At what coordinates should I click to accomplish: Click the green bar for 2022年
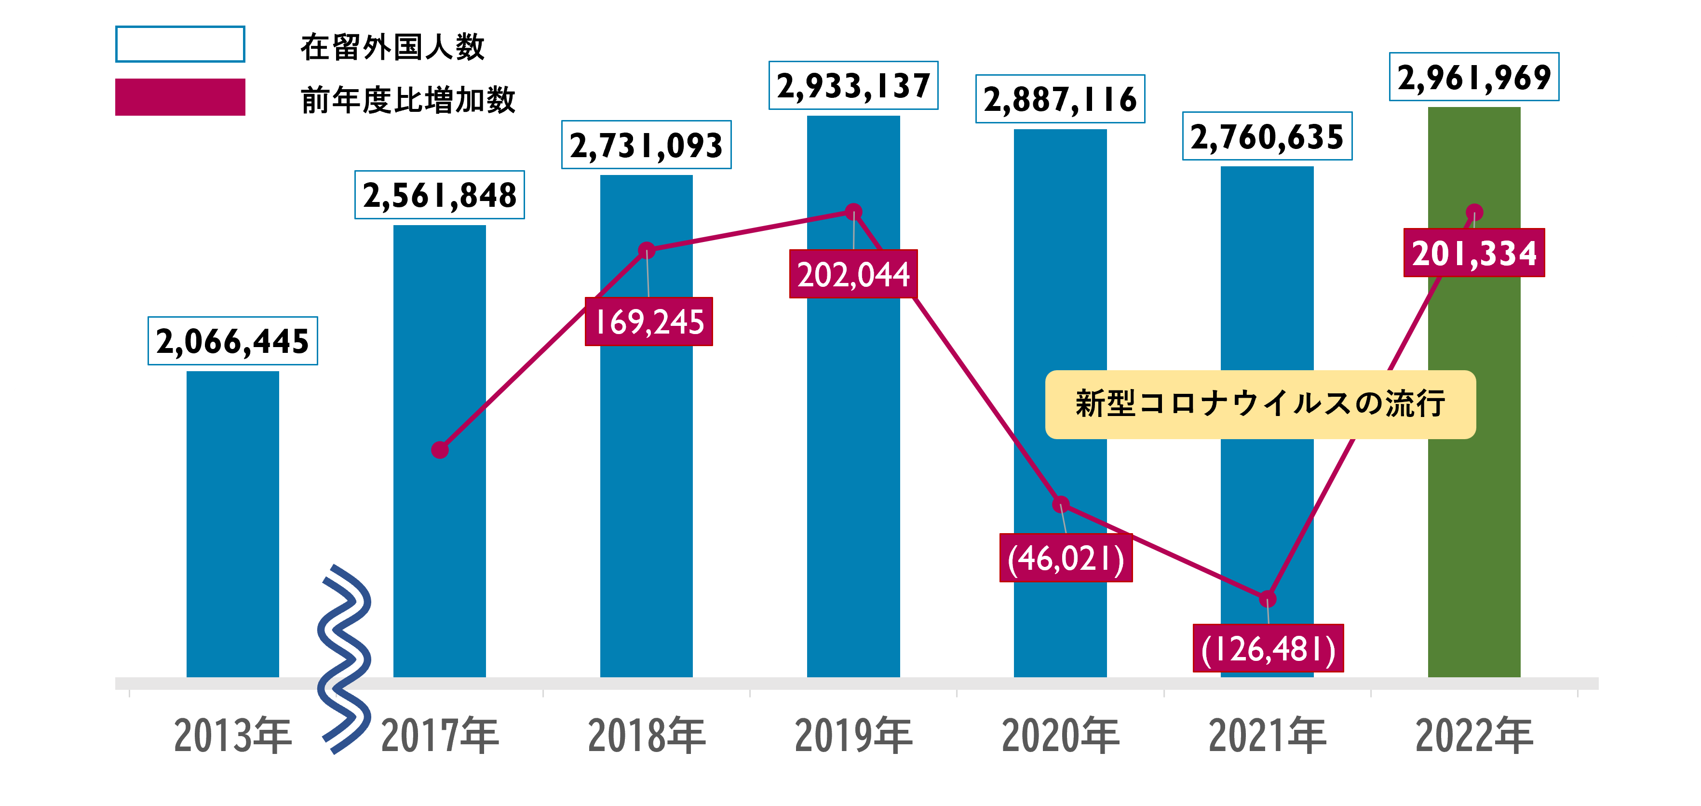pos(1474,462)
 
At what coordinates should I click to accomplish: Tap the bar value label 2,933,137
pos(853,86)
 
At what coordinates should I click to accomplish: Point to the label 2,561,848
pos(440,195)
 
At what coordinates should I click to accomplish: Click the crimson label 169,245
pos(648,322)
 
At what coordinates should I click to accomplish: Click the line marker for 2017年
pos(440,450)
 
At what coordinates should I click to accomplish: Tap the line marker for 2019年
pos(853,212)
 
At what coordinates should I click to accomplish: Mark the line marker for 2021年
pos(1267,599)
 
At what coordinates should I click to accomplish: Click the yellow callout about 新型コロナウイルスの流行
pos(1260,404)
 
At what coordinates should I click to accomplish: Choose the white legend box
pos(180,44)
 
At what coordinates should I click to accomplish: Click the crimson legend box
pos(180,97)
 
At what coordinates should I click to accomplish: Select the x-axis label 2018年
pos(647,735)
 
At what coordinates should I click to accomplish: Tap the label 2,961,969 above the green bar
pos(1474,77)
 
